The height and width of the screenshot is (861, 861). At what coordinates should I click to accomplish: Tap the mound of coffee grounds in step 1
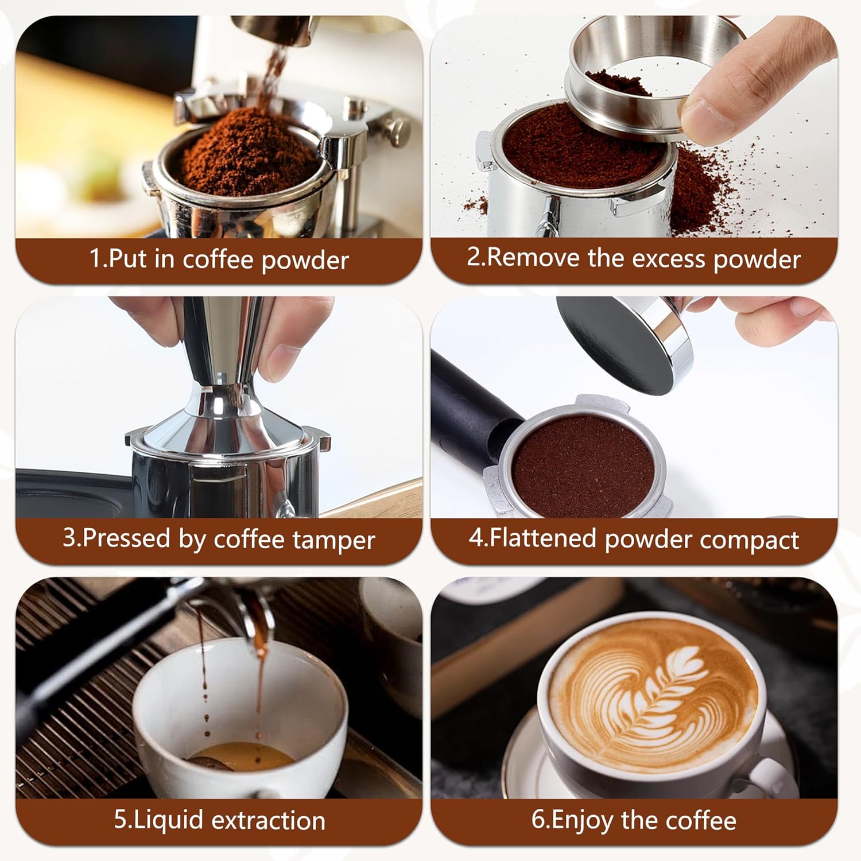[x=247, y=149]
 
